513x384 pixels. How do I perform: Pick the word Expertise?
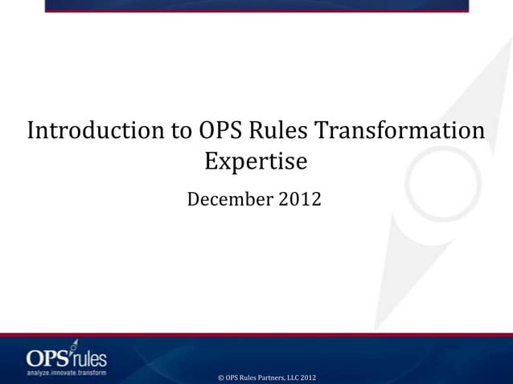(x=256, y=161)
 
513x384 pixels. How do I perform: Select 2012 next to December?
(x=300, y=198)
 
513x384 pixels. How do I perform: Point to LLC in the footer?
(x=293, y=378)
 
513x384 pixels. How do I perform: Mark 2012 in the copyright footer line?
(x=309, y=378)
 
